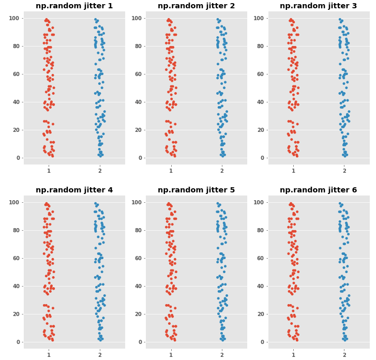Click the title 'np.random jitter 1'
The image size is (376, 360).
74,6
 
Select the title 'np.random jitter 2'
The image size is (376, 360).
196,6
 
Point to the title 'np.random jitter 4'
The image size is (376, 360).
74,190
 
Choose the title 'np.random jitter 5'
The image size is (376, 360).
196,190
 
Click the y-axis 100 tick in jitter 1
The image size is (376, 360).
14,18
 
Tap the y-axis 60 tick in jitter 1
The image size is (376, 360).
16,74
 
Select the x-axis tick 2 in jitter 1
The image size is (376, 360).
100,171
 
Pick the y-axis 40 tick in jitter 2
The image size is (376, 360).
138,102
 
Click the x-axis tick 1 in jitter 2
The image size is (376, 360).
171,171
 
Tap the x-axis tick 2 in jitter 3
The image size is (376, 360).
344,171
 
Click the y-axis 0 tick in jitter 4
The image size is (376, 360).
18,342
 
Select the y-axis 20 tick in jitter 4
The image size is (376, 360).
16,314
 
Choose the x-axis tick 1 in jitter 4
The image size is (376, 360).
49,355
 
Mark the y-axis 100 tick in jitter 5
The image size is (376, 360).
137,202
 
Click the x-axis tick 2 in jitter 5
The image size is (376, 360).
222,355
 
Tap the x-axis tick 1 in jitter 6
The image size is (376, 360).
293,355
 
